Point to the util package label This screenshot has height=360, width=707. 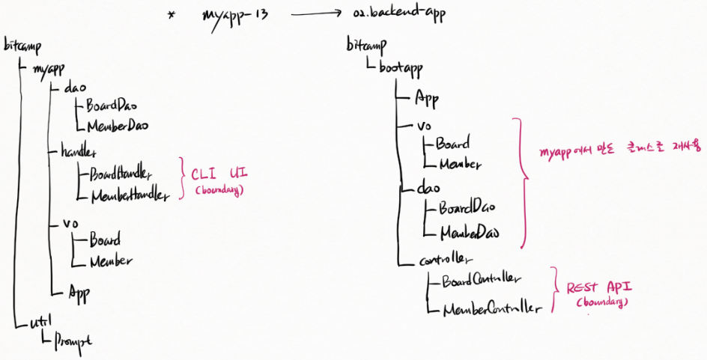pyautogui.click(x=39, y=323)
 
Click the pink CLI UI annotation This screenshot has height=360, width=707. pyautogui.click(x=219, y=174)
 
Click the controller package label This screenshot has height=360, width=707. pyautogui.click(x=446, y=259)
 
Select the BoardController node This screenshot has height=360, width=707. pyautogui.click(x=480, y=281)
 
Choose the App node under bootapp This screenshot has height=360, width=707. pyautogui.click(x=427, y=98)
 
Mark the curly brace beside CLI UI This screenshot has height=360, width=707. pyautogui.click(x=181, y=178)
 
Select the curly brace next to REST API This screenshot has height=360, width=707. pyautogui.click(x=555, y=289)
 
